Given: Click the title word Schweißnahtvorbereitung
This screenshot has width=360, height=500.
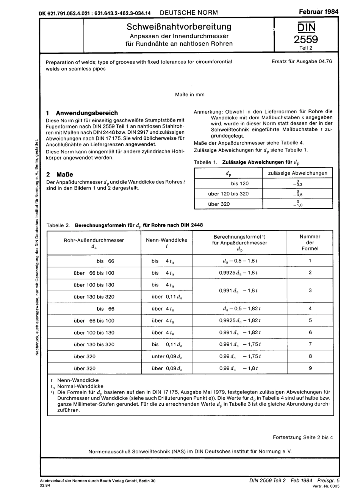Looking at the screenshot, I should [179, 27].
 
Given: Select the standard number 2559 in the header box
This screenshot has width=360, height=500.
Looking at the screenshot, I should [306, 39].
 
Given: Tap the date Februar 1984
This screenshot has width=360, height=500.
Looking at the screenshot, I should [318, 11].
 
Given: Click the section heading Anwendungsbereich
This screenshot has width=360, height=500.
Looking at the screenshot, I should [87, 113].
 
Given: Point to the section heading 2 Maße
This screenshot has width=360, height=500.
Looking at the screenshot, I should [59, 175].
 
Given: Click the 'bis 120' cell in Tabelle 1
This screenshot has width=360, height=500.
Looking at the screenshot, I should [239, 184].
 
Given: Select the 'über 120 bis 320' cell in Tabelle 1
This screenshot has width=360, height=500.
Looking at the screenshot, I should [228, 194].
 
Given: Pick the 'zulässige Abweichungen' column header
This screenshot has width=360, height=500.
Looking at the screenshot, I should [297, 173].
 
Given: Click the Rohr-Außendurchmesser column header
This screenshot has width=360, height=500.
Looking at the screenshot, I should [94, 240].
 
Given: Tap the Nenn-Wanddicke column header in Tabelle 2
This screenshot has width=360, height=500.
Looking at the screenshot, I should [166, 240].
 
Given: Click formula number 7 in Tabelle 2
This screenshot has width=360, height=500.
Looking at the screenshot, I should [310, 344].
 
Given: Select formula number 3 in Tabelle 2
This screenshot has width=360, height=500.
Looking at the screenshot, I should [310, 291].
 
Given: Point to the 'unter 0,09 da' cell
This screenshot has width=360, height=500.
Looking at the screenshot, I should [167, 356].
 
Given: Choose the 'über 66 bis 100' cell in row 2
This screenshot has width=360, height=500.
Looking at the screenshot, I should [94, 273].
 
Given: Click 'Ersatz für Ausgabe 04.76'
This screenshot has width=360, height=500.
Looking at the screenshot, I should [302, 61].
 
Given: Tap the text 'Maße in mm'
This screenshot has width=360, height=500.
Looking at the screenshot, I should [189, 95].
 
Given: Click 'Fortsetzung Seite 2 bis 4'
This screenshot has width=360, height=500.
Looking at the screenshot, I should [303, 437].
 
